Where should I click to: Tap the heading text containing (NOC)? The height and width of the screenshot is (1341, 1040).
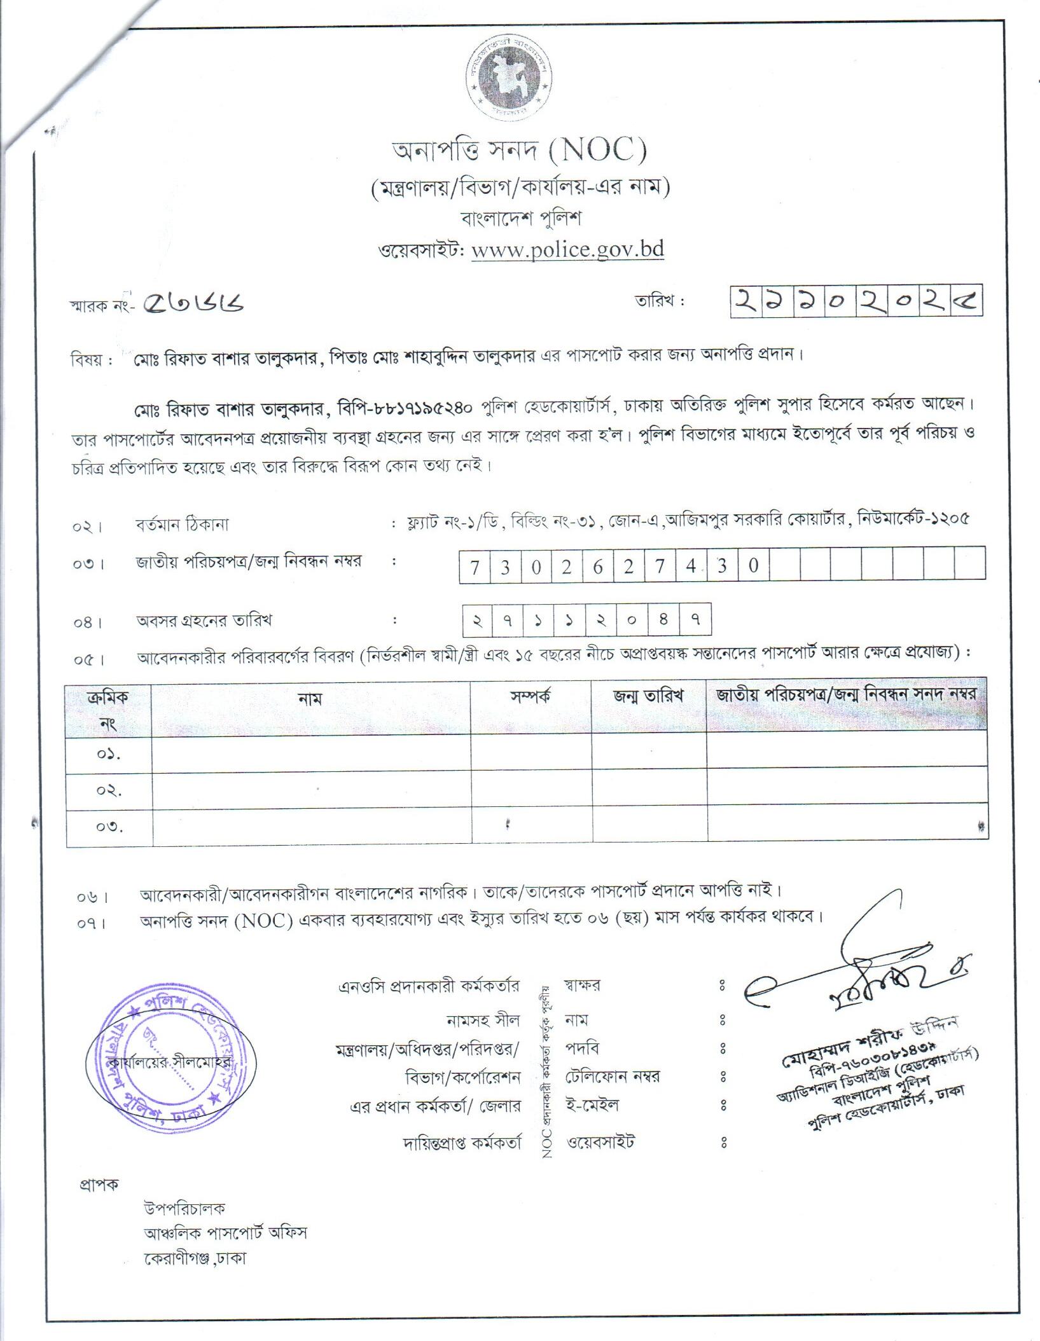(x=518, y=151)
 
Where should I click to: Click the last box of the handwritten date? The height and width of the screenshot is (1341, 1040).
(x=966, y=301)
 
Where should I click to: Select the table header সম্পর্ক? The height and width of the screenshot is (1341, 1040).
(x=530, y=696)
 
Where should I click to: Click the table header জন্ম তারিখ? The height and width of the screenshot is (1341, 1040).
(x=648, y=696)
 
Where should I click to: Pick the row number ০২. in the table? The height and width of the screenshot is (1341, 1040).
(x=109, y=791)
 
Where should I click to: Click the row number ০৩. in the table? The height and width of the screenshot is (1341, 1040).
(x=109, y=827)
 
